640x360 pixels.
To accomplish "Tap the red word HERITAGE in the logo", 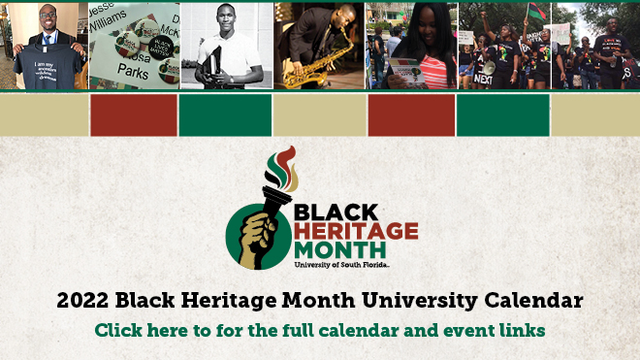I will (x=356, y=231).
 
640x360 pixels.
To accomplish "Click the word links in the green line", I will (x=524, y=330).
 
